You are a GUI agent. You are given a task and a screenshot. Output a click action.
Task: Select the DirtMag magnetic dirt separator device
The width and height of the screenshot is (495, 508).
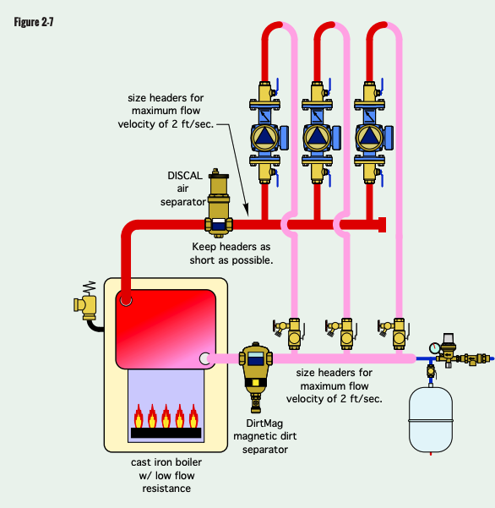(253, 364)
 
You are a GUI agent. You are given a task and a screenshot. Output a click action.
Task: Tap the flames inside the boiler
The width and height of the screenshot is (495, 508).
(165, 415)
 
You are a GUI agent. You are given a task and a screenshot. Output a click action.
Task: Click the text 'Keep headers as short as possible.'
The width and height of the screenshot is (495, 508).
(231, 254)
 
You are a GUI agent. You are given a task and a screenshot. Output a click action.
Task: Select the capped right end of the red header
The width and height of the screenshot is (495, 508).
(383, 224)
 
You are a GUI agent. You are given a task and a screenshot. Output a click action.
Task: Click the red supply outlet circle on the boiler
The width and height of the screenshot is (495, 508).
(125, 299)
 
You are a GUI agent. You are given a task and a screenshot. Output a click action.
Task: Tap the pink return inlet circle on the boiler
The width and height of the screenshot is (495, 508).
(205, 358)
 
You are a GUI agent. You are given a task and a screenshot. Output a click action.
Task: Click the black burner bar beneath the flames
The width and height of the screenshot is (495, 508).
(165, 433)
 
